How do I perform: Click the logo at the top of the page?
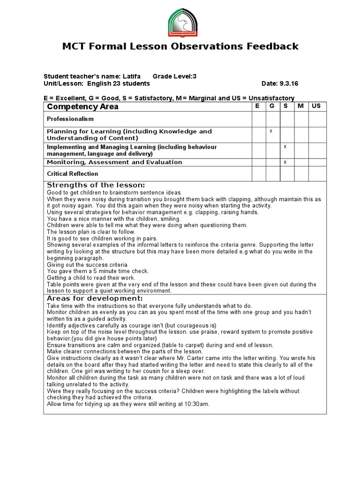click(183, 23)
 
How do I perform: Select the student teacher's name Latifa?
click(132, 76)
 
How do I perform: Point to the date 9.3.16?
click(289, 84)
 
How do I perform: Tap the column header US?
click(316, 106)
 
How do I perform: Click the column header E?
click(257, 106)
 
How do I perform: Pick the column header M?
click(300, 106)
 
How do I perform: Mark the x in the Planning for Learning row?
click(271, 131)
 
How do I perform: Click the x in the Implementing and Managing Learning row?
click(285, 147)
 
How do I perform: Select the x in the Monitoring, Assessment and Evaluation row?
click(285, 162)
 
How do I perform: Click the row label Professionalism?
click(70, 119)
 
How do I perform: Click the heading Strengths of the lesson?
click(96, 185)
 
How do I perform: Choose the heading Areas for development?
click(95, 299)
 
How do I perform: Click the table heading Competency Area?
click(82, 106)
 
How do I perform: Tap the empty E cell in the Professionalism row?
click(259, 119)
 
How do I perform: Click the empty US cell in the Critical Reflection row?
click(317, 174)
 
